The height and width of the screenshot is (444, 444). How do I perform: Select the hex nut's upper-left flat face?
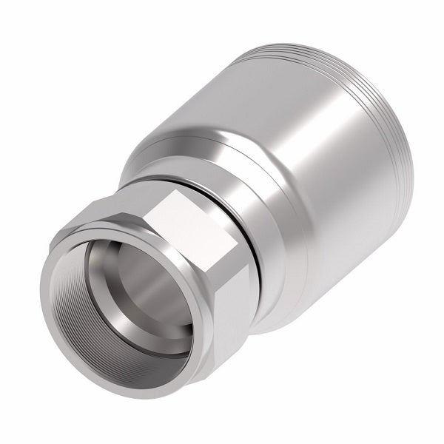[111, 211]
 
